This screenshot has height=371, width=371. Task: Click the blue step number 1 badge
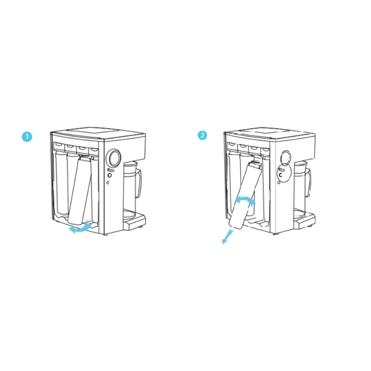pyautogui.click(x=27, y=137)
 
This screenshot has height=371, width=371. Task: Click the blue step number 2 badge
pyautogui.click(x=202, y=135)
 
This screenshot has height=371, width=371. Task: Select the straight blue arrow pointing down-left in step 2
pyautogui.click(x=228, y=237)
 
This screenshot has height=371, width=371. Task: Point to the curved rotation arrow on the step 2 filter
pyautogui.click(x=245, y=199)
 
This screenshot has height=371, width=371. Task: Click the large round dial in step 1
pyautogui.click(x=115, y=158)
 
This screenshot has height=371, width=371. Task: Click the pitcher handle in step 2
pyautogui.click(x=308, y=183)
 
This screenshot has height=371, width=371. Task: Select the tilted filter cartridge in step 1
pyautogui.click(x=80, y=191)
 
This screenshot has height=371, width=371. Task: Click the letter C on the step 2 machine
pyautogui.click(x=281, y=175)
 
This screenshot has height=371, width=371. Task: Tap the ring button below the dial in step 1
pyautogui.click(x=110, y=175)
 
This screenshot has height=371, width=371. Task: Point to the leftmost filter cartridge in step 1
pyautogui.click(x=61, y=184)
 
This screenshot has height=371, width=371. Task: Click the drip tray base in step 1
pyautogui.click(x=134, y=221)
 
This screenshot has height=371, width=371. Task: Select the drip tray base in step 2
pyautogui.click(x=305, y=220)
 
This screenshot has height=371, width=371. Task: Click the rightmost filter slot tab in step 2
pyautogui.click(x=265, y=150)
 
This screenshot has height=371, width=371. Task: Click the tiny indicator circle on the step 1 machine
pyautogui.click(x=108, y=183)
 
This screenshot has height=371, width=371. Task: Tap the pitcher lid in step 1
pyautogui.click(x=130, y=164)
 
